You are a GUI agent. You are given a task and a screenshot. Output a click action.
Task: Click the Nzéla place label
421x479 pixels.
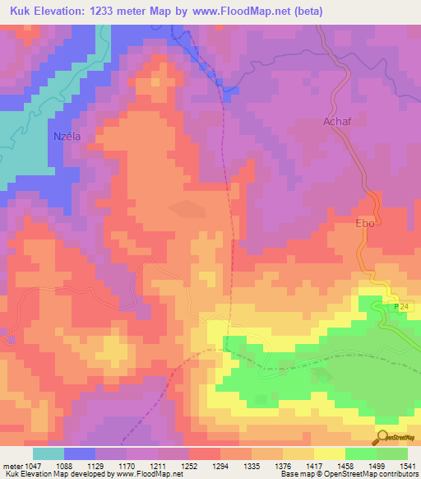(x=66, y=137)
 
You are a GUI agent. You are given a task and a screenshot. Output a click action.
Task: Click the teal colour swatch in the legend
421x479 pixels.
(x=49, y=453)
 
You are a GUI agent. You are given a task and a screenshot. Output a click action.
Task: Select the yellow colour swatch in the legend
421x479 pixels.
(x=330, y=453)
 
